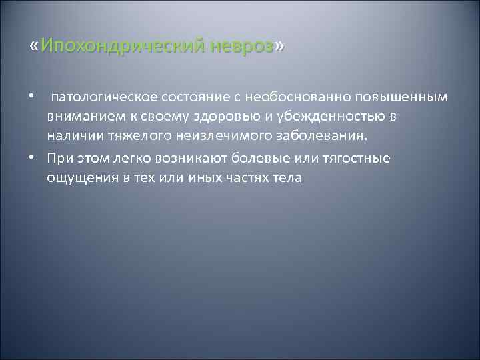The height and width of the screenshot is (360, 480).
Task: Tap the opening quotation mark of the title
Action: [34, 47]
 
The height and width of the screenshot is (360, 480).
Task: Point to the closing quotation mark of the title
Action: [279, 47]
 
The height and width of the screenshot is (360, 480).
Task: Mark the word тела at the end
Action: [289, 177]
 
